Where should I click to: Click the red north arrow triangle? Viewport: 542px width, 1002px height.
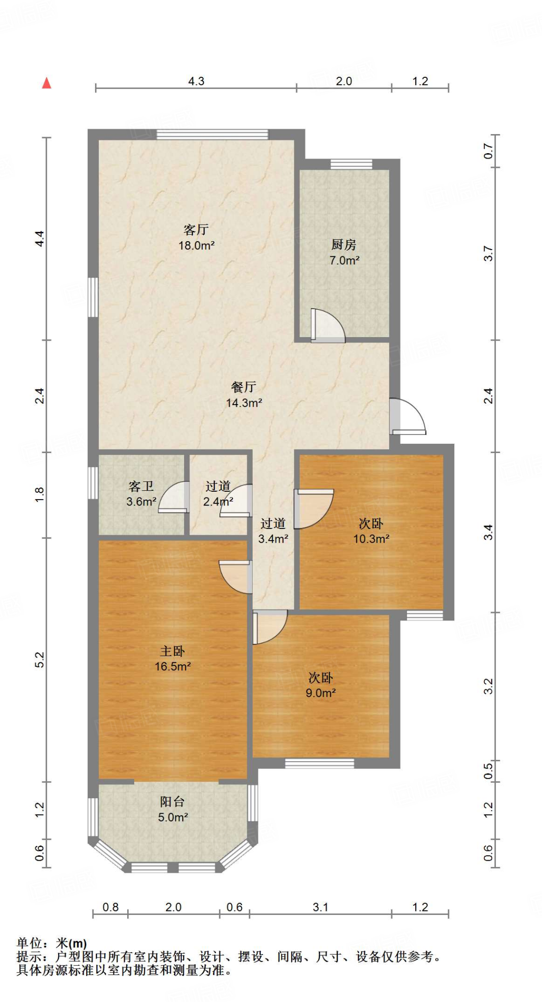(x=47, y=83)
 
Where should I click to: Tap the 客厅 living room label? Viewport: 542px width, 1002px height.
(x=196, y=229)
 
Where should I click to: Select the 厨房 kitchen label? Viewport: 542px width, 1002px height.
(x=344, y=244)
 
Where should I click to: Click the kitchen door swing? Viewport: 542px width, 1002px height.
(x=328, y=325)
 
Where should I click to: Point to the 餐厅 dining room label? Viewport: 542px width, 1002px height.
(x=244, y=387)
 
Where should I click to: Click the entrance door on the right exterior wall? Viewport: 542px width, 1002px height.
(x=408, y=416)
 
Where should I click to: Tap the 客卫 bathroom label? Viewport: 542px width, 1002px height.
(x=141, y=486)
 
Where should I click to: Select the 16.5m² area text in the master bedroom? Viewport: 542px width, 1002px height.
(x=173, y=666)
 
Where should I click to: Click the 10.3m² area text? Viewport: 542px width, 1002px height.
(x=372, y=539)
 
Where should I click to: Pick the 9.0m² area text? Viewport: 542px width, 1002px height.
(x=321, y=693)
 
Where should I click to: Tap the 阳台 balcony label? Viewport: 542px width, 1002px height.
(x=172, y=801)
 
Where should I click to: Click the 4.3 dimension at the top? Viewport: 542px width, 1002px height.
(x=196, y=81)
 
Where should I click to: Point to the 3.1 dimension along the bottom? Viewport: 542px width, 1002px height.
(x=321, y=907)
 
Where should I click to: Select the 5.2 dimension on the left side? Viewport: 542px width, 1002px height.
(x=40, y=660)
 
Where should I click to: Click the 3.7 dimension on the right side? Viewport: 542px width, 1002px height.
(x=488, y=253)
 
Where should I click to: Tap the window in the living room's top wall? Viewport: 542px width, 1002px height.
(x=212, y=134)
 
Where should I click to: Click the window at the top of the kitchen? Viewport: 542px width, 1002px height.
(x=351, y=164)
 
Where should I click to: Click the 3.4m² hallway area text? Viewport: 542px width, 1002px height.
(x=273, y=539)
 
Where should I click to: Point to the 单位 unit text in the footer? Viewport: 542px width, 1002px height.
(x=29, y=943)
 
